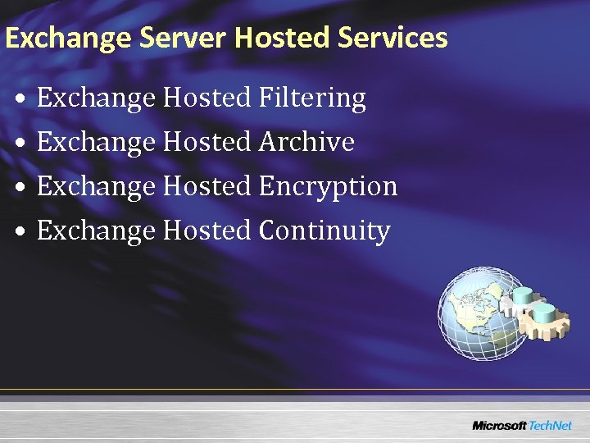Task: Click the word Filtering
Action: [x=312, y=99]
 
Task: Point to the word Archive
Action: [x=306, y=142]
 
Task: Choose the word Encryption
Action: [x=328, y=187]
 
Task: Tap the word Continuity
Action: [x=324, y=231]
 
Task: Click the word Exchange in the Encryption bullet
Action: [x=96, y=187]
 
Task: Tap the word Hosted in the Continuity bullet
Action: [x=207, y=231]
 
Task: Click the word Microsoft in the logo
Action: [x=500, y=425]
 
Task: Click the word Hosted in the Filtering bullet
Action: [x=207, y=98]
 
